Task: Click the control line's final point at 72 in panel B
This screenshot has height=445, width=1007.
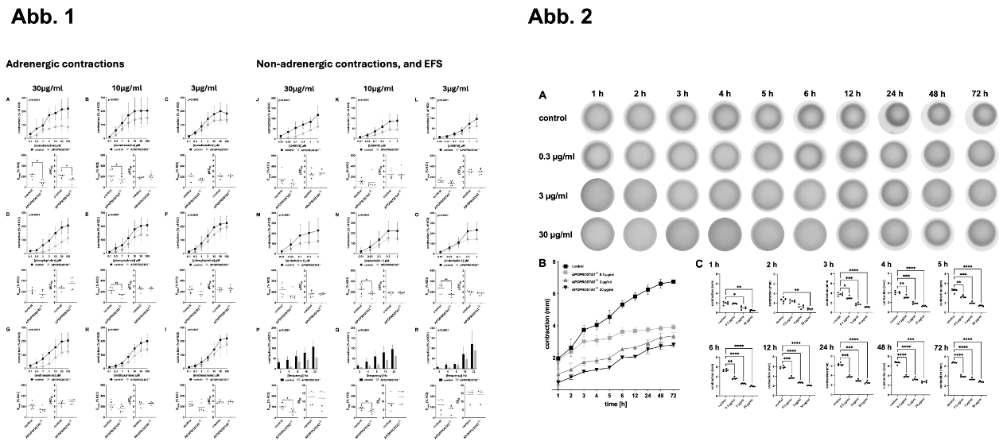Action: point(674,282)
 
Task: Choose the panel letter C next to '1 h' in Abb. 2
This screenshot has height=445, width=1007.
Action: point(699,264)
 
